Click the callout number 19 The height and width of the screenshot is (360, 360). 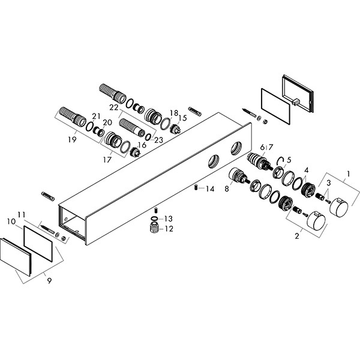[72, 139]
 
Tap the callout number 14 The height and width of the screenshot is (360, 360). [210, 189]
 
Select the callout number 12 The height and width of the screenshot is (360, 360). [169, 229]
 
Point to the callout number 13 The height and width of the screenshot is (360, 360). [168, 219]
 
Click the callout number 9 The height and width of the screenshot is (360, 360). [49, 281]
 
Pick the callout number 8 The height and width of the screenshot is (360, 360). [227, 189]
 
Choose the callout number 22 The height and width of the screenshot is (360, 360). [114, 107]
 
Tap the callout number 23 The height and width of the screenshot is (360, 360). [158, 140]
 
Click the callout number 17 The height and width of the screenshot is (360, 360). [107, 160]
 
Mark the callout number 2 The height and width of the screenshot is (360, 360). [297, 236]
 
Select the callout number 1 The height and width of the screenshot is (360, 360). [348, 174]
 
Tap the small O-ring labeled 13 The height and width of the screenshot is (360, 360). [155, 218]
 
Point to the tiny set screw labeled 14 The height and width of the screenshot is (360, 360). [196, 187]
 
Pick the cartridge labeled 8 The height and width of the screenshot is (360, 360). [238, 176]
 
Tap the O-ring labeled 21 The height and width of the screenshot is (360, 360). [89, 127]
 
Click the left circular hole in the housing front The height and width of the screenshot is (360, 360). [214, 161]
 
